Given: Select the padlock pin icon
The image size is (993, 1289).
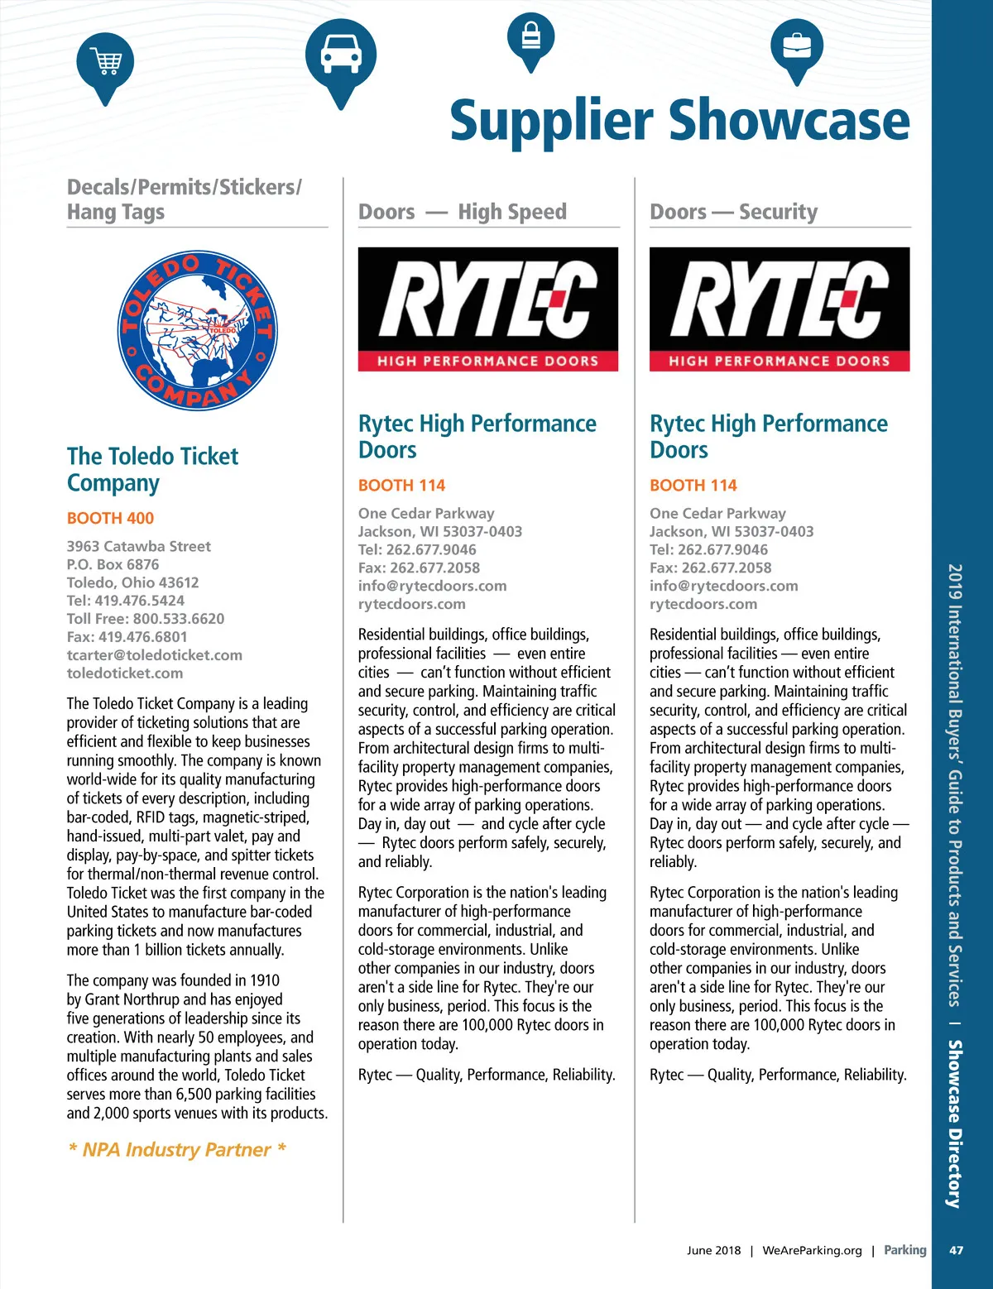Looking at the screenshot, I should point(530,38).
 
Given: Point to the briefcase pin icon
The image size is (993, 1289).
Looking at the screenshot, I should point(797,46).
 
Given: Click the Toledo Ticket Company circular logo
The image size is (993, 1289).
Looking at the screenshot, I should point(197,332).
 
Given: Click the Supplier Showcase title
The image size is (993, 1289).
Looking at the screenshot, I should point(679,121).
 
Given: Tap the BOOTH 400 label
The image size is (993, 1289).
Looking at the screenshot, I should point(110,519).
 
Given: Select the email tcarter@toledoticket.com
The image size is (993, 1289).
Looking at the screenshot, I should point(155,655).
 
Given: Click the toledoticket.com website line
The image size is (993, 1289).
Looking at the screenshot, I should point(125,673).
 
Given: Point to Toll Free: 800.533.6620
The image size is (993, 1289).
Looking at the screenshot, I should point(146,619).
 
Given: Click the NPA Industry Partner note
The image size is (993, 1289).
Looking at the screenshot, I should point(177,1150).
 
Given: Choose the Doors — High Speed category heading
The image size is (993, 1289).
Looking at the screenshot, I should point(463,213).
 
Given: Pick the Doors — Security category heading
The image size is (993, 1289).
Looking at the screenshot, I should point(733,213).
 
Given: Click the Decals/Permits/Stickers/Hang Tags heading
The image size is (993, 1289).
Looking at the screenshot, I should point(185,199).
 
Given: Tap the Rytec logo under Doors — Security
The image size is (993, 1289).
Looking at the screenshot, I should point(780,309).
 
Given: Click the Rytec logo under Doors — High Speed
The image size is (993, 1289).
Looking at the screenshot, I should point(488,309).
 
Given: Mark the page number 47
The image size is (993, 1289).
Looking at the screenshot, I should point(956,1250).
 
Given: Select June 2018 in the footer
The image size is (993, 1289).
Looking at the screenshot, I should point(713,1250).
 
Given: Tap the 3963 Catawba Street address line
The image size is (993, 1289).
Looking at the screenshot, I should point(139,547).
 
